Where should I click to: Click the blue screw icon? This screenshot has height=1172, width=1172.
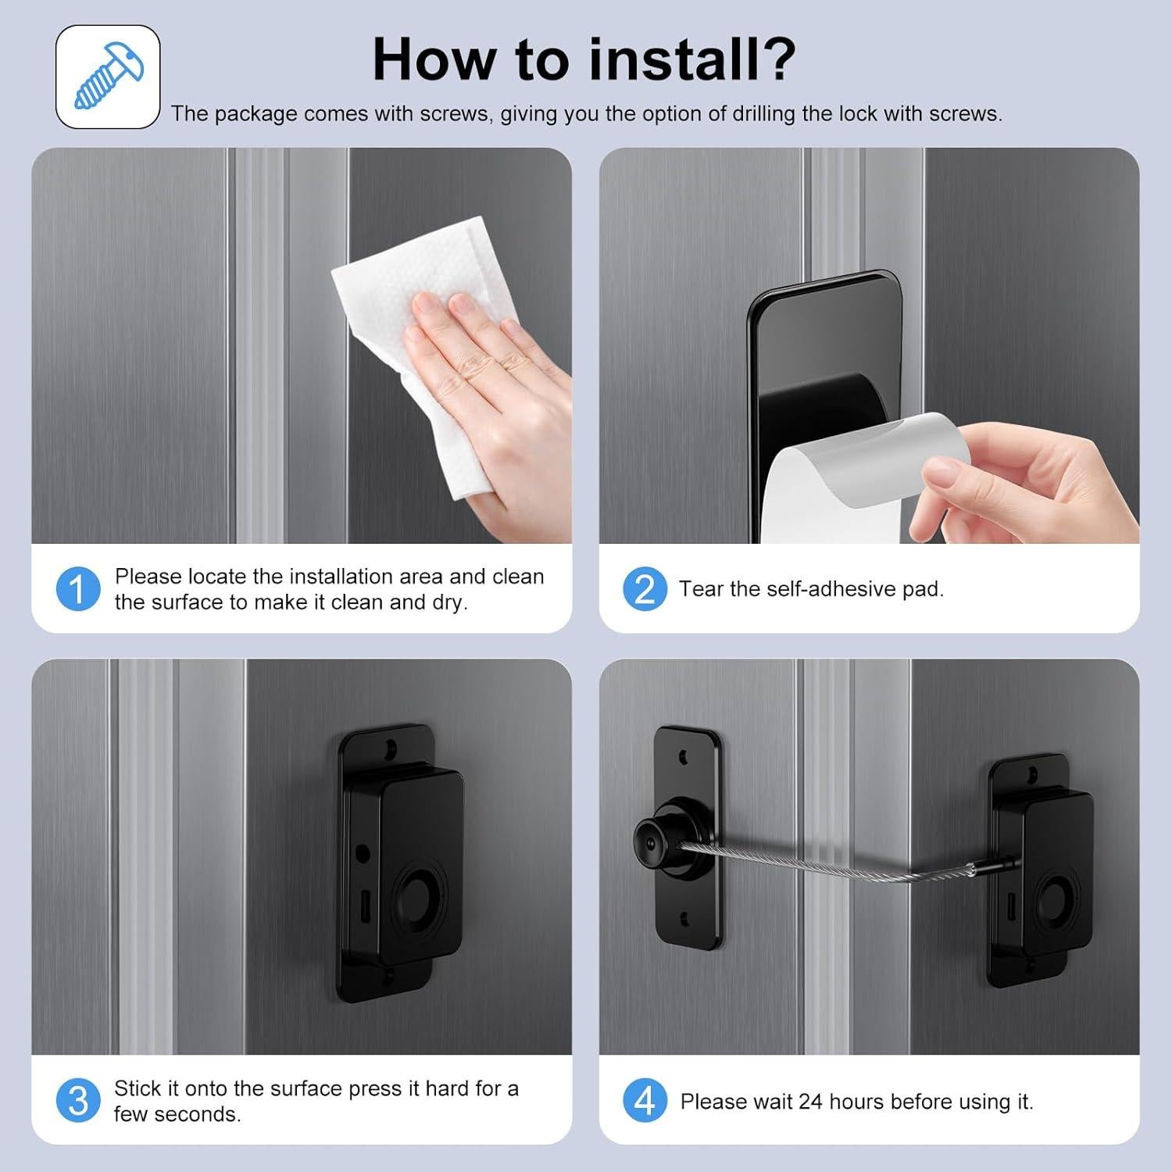point(109,76)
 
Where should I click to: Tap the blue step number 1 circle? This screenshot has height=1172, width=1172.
point(78,589)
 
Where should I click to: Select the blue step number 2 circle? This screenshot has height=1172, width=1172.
point(645,589)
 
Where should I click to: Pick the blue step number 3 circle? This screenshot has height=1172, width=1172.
point(78,1101)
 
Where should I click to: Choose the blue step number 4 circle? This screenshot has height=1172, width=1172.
point(645,1101)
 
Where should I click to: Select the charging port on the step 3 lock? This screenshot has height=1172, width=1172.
point(365,911)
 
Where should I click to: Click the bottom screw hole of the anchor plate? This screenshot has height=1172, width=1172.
point(684,920)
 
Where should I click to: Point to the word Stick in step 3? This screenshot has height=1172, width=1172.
point(138,1088)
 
